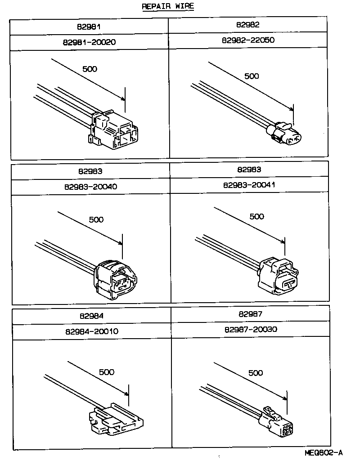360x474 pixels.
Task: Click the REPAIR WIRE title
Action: [x=168, y=7]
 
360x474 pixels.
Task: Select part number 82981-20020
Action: [x=89, y=42]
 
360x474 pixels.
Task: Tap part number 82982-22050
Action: [x=248, y=40]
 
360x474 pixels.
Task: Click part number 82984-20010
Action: [x=91, y=331]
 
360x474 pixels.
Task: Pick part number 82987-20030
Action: [x=250, y=329]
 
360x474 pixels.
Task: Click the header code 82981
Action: [x=89, y=27]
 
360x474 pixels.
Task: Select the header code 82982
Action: [x=248, y=25]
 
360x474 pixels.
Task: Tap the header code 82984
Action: [x=91, y=316]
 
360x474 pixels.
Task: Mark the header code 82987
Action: [x=250, y=314]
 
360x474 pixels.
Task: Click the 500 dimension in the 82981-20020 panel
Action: [x=90, y=69]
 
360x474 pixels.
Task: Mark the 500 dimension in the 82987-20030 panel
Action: [x=255, y=373]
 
